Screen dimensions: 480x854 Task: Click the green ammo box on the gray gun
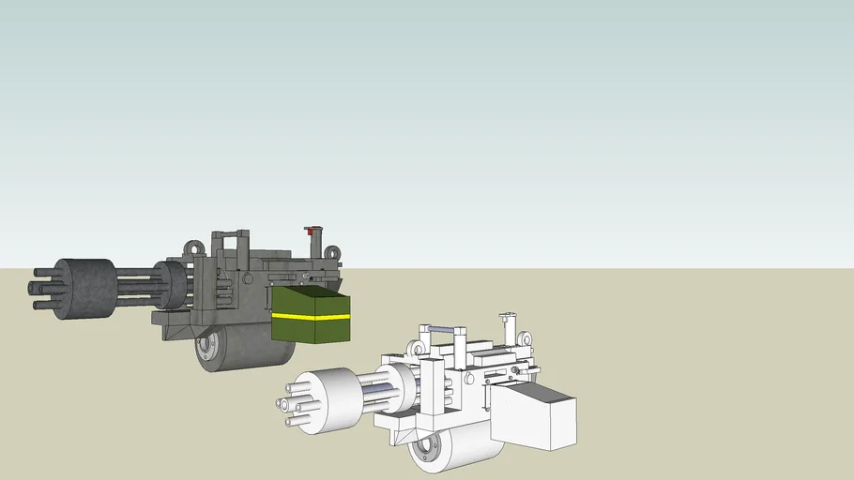(x=310, y=314)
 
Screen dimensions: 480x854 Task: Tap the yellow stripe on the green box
(x=310, y=317)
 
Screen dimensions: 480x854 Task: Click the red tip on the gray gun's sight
(x=311, y=229)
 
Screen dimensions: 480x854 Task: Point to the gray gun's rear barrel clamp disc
(x=171, y=285)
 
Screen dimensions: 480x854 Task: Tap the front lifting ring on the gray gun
(x=194, y=249)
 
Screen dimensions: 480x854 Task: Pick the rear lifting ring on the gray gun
(x=332, y=252)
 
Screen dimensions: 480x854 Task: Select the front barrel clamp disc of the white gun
(x=324, y=399)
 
